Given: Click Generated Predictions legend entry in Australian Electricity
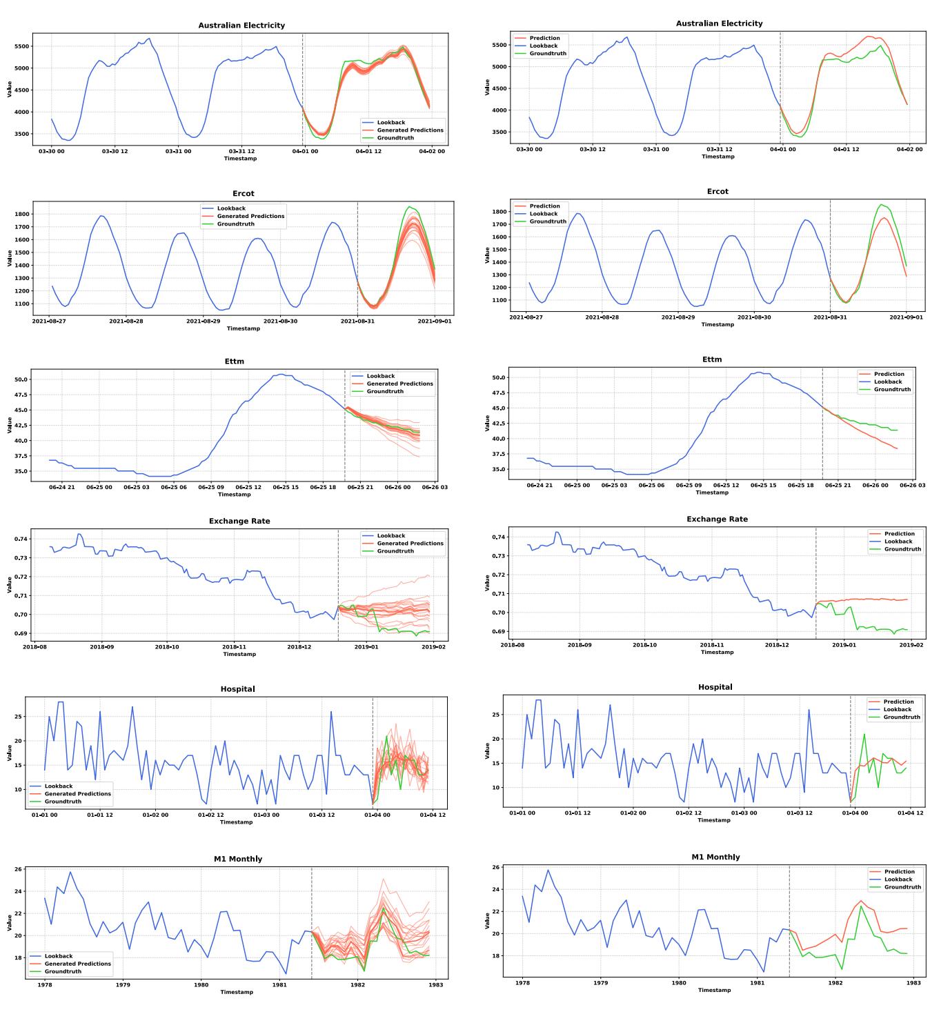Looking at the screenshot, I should pyautogui.click(x=410, y=130).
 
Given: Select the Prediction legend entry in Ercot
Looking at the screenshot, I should pyautogui.click(x=544, y=206).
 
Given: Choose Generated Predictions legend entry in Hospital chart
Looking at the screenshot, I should pyautogui.click(x=77, y=794).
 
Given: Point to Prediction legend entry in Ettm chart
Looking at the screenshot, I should pyautogui.click(x=889, y=374).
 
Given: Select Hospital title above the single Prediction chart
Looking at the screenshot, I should pyautogui.click(x=715, y=687).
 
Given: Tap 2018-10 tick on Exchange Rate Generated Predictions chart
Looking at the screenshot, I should pyautogui.click(x=167, y=647).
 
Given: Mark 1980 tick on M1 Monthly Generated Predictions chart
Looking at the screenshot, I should pyautogui.click(x=201, y=985).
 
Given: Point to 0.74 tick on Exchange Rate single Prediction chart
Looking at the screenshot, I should pyautogui.click(x=500, y=537).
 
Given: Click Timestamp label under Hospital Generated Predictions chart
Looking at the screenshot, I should pyautogui.click(x=236, y=822).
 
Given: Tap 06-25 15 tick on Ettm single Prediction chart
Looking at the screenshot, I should pyautogui.click(x=762, y=485).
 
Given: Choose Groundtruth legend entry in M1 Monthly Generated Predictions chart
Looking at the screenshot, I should pyautogui.click(x=63, y=971).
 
